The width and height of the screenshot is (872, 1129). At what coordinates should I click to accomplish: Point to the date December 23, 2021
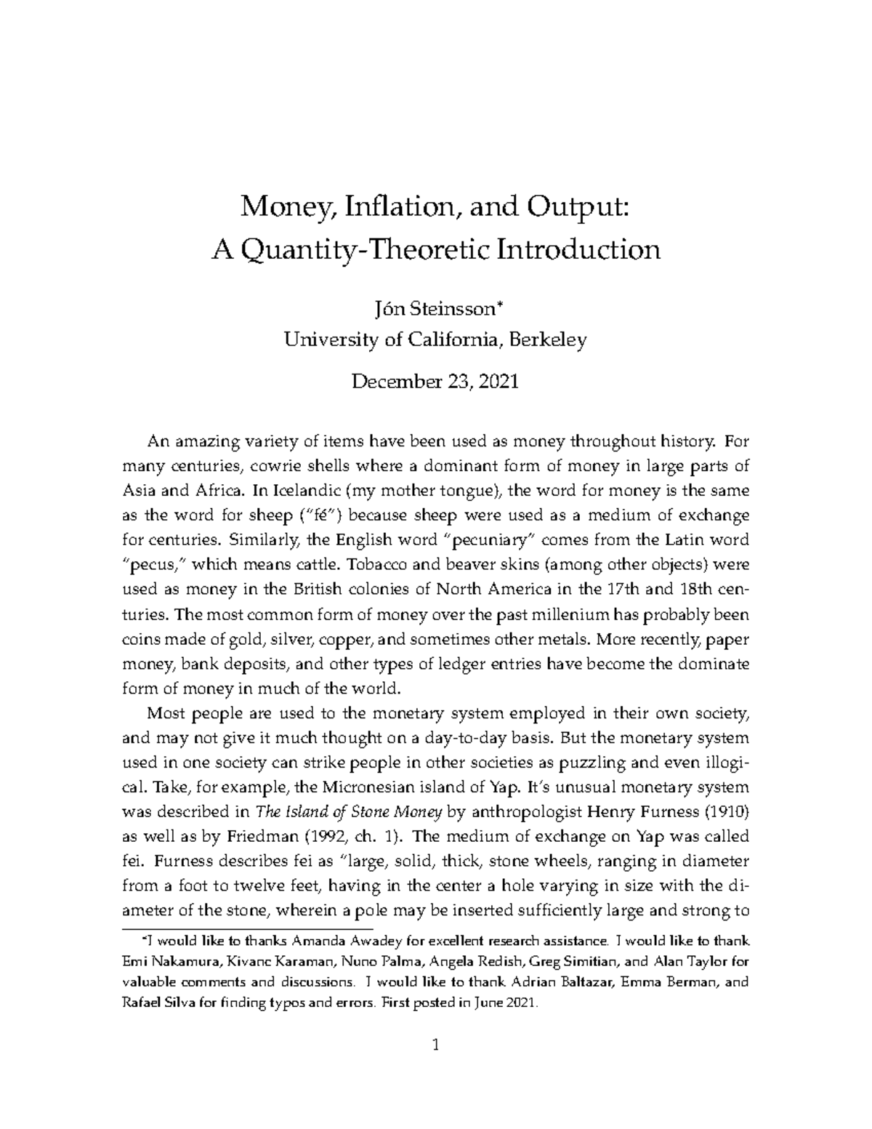click(435, 381)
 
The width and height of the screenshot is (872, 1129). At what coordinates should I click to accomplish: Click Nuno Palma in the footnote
click(379, 960)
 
